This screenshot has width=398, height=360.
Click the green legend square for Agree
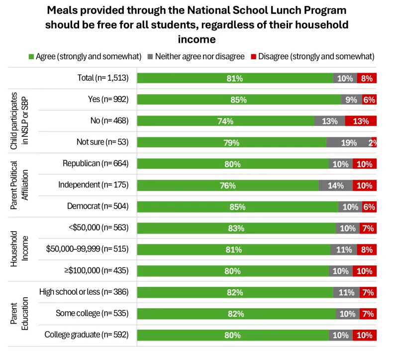pos(31,56)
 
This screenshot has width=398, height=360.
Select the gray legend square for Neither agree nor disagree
pos(150,56)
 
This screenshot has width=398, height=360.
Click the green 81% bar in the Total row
pos(235,78)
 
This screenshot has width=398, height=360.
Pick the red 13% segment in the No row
pos(361,121)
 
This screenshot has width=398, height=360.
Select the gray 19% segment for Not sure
pos(349,142)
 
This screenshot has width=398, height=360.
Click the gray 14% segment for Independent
pos(335,185)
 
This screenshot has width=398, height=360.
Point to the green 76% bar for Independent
pos(228,185)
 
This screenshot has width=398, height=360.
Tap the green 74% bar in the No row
pos(225,121)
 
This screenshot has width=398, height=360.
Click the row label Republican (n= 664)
pos(96,163)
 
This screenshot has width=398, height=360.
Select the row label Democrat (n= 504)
pos(98,206)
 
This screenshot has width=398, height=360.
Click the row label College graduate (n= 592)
pos(87,335)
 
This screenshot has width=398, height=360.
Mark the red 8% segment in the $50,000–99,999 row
pos(367,249)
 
